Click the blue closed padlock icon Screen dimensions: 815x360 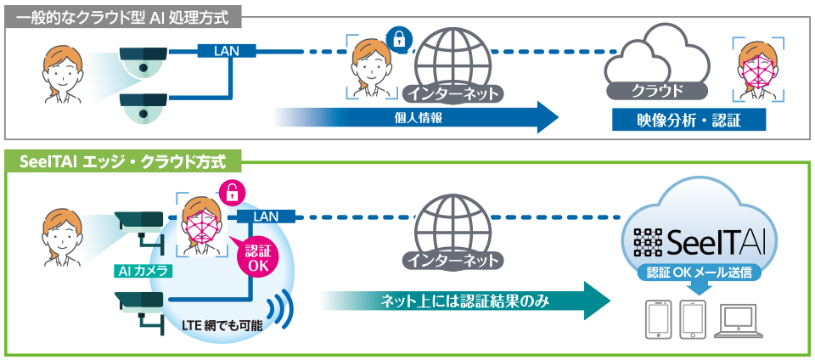[x=399, y=40]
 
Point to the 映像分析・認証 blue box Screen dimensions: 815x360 [x=689, y=121]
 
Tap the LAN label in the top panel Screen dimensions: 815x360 [x=226, y=51]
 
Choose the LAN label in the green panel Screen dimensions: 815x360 [x=266, y=217]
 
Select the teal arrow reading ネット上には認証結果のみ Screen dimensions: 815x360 [x=465, y=301]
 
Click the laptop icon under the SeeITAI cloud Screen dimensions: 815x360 [x=738, y=321]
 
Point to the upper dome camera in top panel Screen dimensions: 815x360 [x=143, y=62]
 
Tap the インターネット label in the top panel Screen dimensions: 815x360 [x=453, y=93]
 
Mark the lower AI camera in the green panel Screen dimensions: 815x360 [x=140, y=310]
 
